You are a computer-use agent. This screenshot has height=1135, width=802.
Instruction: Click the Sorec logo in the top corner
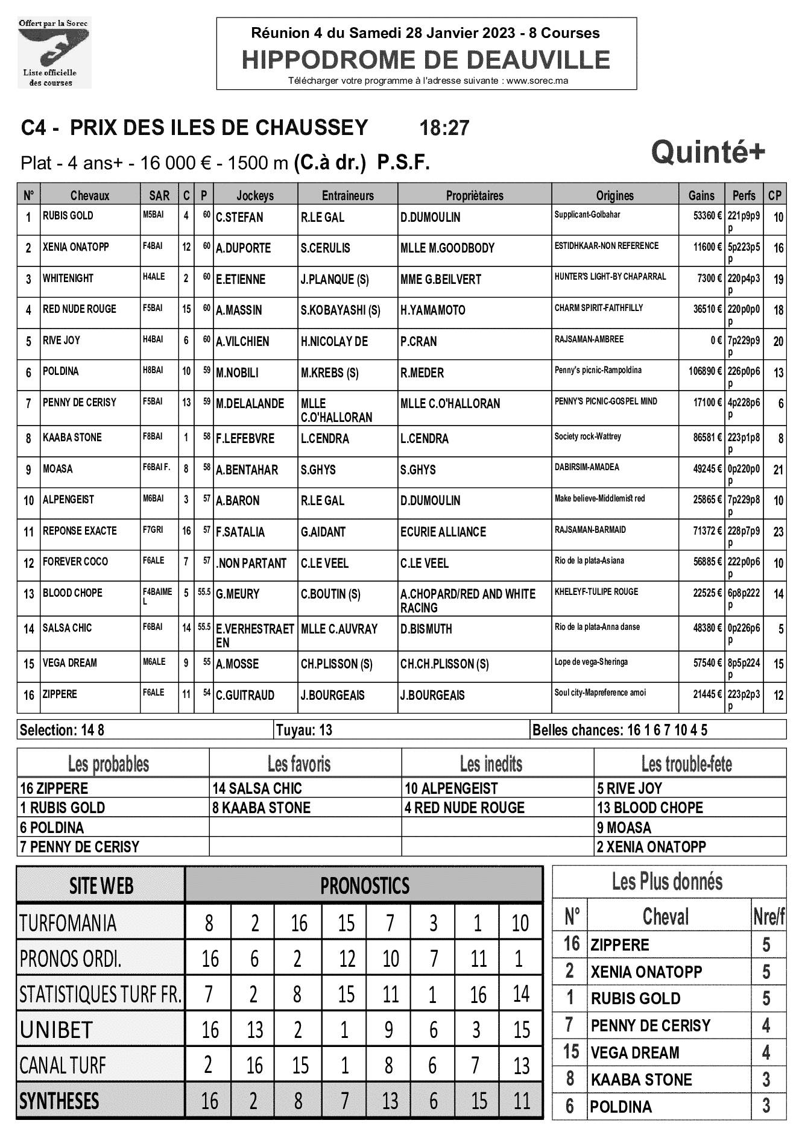click(x=54, y=53)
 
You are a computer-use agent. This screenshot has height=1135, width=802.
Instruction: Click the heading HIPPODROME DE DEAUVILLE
click(x=426, y=60)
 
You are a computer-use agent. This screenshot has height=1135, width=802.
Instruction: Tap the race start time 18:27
click(x=444, y=128)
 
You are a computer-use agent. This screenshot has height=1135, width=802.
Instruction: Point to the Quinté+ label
click(x=708, y=152)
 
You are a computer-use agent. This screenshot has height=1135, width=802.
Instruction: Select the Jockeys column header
click(x=255, y=195)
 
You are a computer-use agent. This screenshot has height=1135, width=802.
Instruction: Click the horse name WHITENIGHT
click(x=68, y=278)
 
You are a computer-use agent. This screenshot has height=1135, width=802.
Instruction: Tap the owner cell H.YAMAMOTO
click(x=432, y=310)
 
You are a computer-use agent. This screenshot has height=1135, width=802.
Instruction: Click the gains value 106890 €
click(x=705, y=371)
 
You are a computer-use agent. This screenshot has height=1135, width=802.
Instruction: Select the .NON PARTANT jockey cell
click(x=251, y=564)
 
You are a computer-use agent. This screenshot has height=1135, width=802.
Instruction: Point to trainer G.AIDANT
click(x=323, y=532)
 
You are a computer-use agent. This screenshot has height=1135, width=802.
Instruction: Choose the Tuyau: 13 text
click(x=304, y=731)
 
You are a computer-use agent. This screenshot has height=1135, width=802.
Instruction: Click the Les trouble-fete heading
click(x=686, y=764)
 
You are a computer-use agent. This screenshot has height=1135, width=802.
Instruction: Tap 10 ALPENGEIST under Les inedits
click(x=451, y=788)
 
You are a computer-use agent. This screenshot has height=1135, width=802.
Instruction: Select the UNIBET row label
click(x=56, y=1030)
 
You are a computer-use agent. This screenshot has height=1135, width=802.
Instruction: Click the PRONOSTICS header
click(x=364, y=885)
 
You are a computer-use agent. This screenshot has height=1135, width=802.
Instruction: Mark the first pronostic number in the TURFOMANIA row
click(x=209, y=923)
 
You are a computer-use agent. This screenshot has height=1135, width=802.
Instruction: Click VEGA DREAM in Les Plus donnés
click(x=635, y=1052)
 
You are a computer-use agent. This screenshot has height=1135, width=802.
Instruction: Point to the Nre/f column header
click(x=768, y=917)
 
